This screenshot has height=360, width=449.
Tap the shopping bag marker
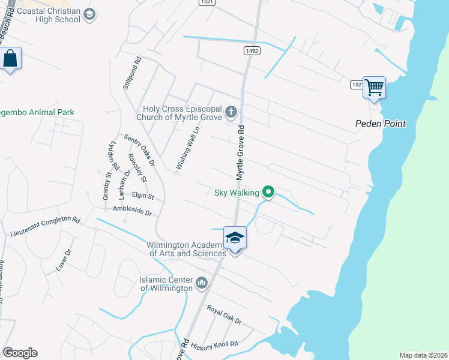coord(10,59)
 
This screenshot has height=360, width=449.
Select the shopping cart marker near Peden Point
coord(374,88)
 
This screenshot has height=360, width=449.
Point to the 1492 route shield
coord(252,51)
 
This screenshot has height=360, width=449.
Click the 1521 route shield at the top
coord(206,2)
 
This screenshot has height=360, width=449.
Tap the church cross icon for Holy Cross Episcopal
coord(231,112)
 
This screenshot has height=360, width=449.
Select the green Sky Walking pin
coord(268,193)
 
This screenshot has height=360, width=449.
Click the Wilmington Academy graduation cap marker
coord(235,238)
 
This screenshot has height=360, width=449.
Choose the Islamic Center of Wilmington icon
coord(201,282)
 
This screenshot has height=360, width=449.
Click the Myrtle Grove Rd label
coord(240,153)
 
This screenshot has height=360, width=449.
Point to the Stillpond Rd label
coord(131,73)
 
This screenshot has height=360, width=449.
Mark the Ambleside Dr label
coord(132,211)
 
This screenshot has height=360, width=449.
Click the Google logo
coord(20,353)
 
